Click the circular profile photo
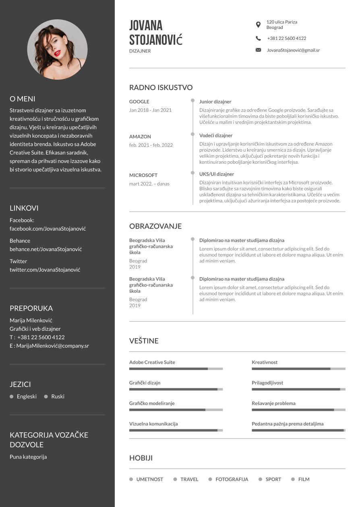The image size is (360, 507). [57, 49]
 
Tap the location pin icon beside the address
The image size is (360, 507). [258, 25]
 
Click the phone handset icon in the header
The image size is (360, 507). [258, 38]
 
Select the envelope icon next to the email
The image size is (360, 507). [258, 50]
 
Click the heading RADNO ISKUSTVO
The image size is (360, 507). [161, 88]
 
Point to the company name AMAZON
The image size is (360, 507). [140, 137]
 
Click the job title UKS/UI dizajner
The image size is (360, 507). [216, 174]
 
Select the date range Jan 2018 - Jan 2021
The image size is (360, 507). [150, 110]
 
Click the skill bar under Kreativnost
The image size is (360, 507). [298, 369]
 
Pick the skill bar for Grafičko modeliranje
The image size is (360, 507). [176, 410]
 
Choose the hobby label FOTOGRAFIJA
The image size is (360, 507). [232, 479]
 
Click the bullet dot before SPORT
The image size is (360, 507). [261, 479]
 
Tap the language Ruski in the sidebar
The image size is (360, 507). [58, 396]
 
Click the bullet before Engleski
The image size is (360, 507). [12, 396]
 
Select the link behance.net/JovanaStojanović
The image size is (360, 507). [46, 249]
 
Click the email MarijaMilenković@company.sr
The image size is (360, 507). [52, 346]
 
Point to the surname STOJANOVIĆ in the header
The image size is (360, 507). [156, 40]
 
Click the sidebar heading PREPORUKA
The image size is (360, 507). [31, 308]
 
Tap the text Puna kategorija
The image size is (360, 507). [28, 457]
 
